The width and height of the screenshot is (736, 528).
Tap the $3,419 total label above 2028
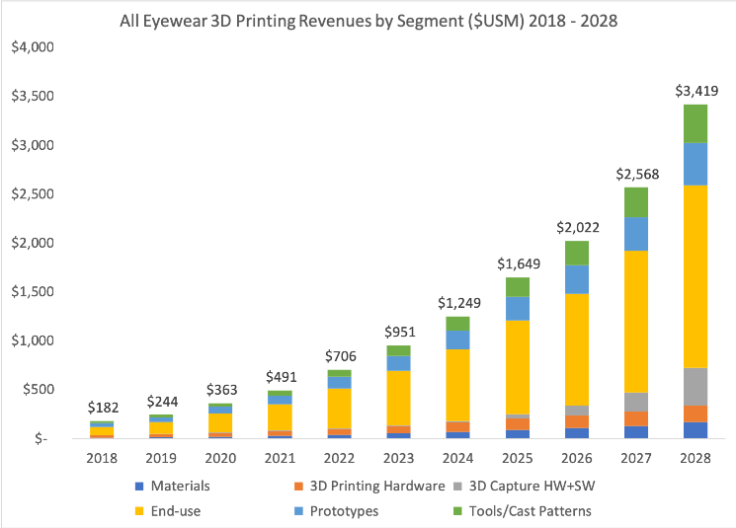[x=696, y=92]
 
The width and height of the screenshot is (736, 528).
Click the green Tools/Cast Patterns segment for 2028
[x=696, y=123]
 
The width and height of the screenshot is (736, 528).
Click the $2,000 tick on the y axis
[x=32, y=243]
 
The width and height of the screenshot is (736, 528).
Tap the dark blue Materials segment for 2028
[x=696, y=430]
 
